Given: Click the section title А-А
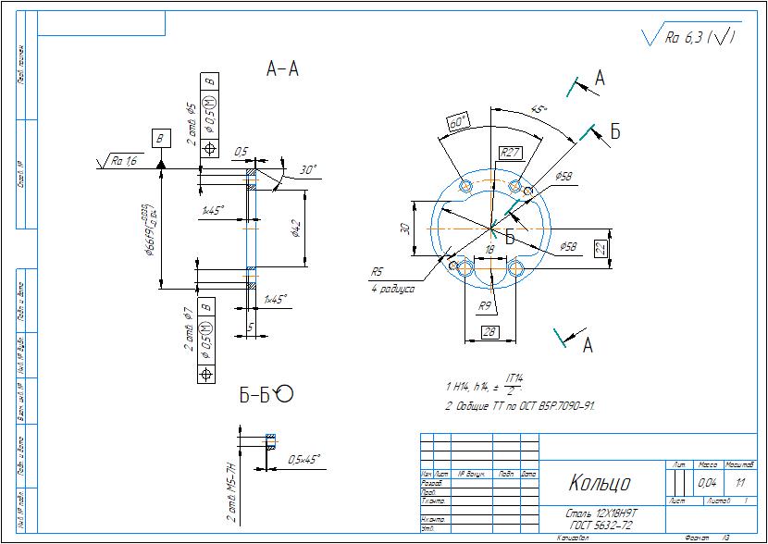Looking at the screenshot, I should [x=282, y=69].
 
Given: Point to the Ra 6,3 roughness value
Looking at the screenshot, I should [x=687, y=38].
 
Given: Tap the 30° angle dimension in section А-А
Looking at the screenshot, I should [x=309, y=169].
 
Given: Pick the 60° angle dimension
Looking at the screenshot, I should [x=458, y=122].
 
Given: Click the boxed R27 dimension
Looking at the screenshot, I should [x=511, y=152].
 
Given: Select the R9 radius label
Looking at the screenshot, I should [x=484, y=304].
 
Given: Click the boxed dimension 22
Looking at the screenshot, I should [x=600, y=249].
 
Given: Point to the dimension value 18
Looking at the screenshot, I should [x=489, y=250].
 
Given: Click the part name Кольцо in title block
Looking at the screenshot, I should [x=599, y=483].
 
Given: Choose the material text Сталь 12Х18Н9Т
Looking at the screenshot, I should [x=601, y=512].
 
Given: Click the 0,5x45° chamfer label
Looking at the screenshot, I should [x=303, y=459].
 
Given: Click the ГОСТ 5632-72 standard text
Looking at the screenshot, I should [x=601, y=525].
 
